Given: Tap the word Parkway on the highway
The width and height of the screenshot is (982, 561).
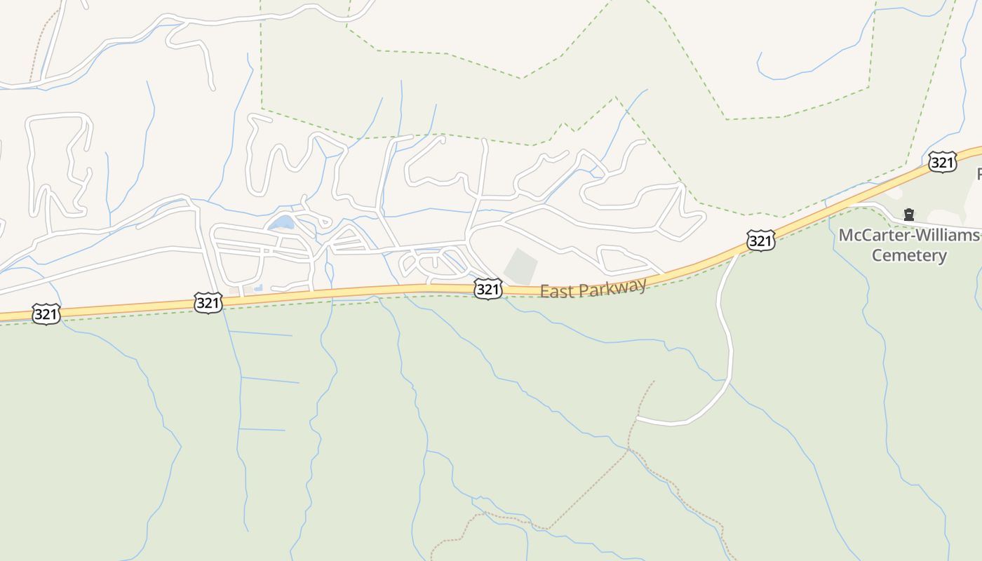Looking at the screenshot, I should pos(612,287).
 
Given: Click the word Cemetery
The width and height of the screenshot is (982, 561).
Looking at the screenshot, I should pos(909,255).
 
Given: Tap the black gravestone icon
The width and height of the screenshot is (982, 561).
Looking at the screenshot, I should pos(909,214).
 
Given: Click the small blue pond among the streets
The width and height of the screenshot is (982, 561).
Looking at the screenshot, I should pos(282,223).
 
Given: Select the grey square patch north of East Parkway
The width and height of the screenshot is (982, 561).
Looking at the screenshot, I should pos(520,267).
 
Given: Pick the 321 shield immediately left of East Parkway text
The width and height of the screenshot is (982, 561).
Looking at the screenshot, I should pos(487,289).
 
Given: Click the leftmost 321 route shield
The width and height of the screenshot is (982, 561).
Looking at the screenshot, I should pos(46,314).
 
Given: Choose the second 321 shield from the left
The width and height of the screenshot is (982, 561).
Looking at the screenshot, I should pos(208,303).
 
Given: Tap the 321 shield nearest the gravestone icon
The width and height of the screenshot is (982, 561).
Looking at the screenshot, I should pos(942,162).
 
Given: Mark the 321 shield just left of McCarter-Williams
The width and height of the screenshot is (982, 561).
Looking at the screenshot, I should pos(760,241).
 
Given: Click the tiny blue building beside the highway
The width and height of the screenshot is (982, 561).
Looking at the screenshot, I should pos(258,288).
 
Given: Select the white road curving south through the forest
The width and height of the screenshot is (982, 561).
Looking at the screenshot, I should pos(728,351).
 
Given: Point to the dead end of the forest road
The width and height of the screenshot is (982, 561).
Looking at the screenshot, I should pos(638,419).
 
